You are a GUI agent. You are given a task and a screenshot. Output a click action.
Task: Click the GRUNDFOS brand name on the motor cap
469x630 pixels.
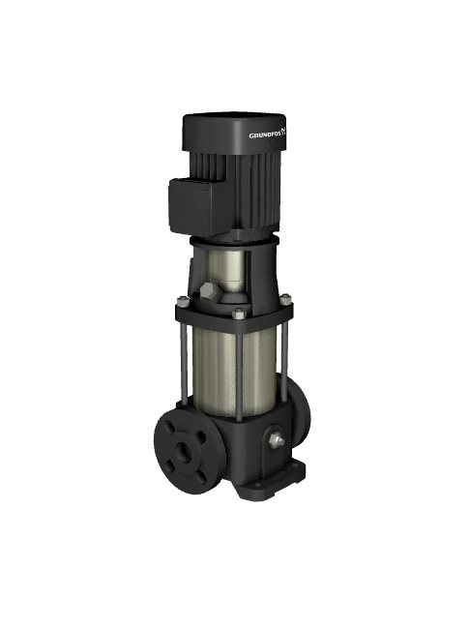click(264, 135)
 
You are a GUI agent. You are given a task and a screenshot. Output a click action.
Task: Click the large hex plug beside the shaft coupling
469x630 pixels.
click(208, 290)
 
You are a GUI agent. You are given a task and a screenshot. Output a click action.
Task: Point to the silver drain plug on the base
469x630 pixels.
click(277, 439)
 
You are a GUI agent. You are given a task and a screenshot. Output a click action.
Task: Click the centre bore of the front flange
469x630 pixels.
click(185, 449)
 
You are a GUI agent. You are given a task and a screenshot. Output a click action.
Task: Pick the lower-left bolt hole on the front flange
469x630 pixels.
click(170, 465)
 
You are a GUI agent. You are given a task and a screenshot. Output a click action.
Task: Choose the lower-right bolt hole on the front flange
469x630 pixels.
click(201, 474)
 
